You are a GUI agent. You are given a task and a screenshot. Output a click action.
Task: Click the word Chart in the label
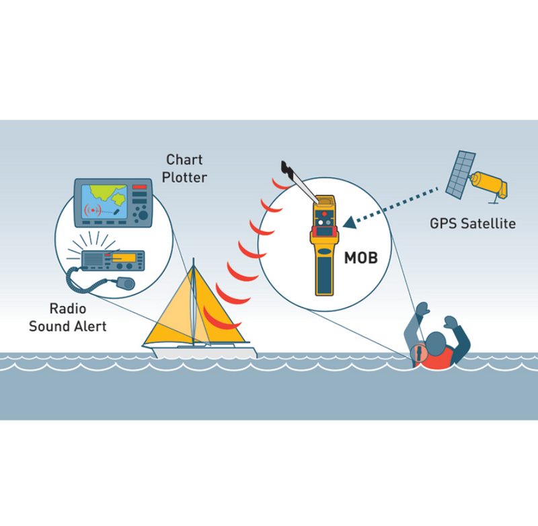coord(185,160)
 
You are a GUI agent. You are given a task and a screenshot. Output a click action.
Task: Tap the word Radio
coord(68,310)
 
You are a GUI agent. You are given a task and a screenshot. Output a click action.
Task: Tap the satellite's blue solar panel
coord(459,172)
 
